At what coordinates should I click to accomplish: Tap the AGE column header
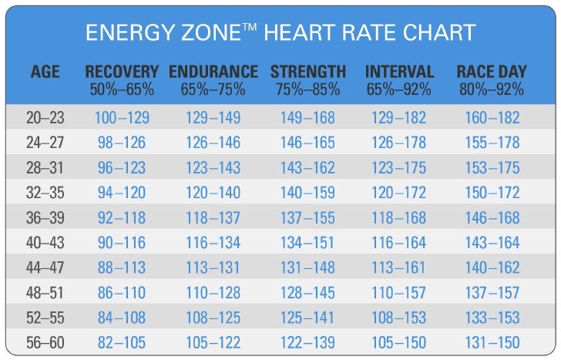[x=45, y=72]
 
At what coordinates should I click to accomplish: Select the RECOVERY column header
[x=122, y=72]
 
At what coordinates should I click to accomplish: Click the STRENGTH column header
[x=307, y=72]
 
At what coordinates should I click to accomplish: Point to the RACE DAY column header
[x=492, y=72]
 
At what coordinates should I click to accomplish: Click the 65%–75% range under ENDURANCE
[x=213, y=89]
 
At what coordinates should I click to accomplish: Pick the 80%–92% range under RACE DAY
[x=492, y=89]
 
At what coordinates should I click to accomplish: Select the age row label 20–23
[x=45, y=119]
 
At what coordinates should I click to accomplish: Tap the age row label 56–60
[x=45, y=343]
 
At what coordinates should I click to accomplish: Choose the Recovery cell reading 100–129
[x=122, y=119]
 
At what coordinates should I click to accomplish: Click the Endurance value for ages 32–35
[x=213, y=193]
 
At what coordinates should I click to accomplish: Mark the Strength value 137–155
[x=307, y=218]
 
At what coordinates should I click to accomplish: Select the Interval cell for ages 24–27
[x=399, y=143]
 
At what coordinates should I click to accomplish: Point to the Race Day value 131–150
[x=492, y=343]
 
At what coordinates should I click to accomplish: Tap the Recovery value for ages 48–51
[x=122, y=293]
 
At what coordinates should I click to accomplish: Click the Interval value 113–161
[x=399, y=268]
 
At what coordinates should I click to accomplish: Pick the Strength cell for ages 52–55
[x=307, y=318]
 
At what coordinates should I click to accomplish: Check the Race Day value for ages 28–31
[x=492, y=169]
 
